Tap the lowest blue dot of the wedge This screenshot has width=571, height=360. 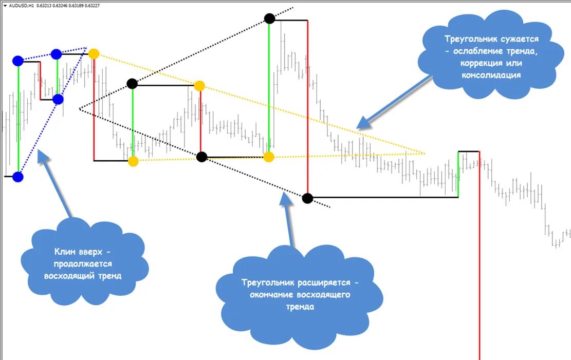tap(18, 177)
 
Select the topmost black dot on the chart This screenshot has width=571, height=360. tap(269, 18)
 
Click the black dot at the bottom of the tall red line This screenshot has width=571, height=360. tap(307, 198)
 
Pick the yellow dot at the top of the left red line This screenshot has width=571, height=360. tap(94, 53)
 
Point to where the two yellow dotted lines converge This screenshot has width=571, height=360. tap(425, 153)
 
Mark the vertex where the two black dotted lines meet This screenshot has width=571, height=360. tap(80, 109)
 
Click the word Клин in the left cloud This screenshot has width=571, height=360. tap(65, 252)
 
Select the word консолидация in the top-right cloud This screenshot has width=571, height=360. tap(493, 75)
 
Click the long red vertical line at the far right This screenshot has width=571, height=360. tap(480, 257)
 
